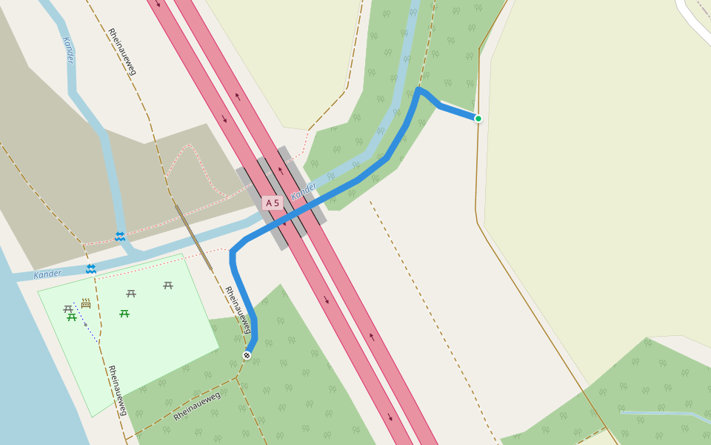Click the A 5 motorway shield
click(x=273, y=202)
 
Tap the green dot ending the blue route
click(x=478, y=119)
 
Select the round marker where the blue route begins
click(x=247, y=355)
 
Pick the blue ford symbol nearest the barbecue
click(x=90, y=268)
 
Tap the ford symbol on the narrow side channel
click(x=120, y=236)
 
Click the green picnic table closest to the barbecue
click(x=72, y=317)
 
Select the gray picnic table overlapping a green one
click(x=68, y=309)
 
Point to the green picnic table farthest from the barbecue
click(x=124, y=314)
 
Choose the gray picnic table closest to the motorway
click(x=168, y=285)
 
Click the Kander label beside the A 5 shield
click(x=304, y=191)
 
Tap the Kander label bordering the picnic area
click(x=47, y=274)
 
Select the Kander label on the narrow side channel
click(x=68, y=50)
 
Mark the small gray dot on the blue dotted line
click(x=86, y=324)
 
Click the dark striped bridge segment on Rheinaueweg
click(x=194, y=237)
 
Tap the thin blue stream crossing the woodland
click(x=659, y=413)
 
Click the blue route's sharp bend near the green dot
click(x=419, y=90)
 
